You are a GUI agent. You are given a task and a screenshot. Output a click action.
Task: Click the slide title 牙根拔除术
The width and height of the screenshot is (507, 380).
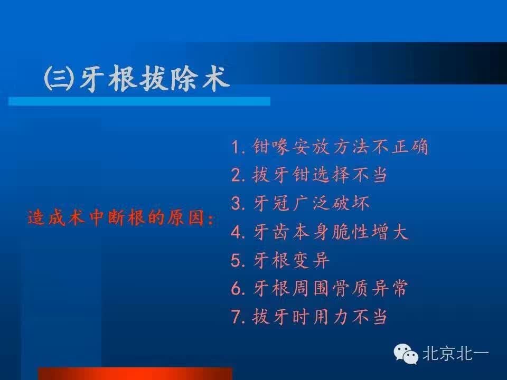155,79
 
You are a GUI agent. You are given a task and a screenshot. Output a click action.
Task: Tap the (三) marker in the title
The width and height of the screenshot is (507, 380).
59,79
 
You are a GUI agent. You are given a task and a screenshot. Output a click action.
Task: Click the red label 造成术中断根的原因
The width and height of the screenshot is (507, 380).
116,217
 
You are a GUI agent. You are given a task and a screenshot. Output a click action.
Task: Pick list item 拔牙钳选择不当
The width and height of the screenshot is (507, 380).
320,175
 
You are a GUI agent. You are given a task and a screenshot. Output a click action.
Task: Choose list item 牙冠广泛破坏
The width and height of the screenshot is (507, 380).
311,203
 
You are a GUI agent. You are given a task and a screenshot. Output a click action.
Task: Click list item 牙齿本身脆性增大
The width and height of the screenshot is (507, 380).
330,232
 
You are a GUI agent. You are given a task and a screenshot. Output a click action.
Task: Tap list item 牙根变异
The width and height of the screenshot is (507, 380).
291,260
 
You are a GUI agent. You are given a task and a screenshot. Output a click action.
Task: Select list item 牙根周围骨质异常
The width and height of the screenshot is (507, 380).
330,288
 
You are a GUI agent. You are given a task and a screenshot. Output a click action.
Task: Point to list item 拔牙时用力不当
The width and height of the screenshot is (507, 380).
320,316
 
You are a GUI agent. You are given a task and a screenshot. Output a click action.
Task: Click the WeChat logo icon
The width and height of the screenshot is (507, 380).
406,354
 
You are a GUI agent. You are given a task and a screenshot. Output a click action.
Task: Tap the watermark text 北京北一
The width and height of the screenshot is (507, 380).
456,353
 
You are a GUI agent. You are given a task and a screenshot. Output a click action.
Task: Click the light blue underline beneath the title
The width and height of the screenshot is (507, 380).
139,101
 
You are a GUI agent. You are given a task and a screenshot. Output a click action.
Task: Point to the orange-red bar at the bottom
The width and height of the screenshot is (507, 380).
135,374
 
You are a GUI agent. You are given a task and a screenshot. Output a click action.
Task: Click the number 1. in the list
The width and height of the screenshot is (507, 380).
239,147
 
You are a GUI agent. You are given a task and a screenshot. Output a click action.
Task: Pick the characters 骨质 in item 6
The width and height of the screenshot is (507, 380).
350,288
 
